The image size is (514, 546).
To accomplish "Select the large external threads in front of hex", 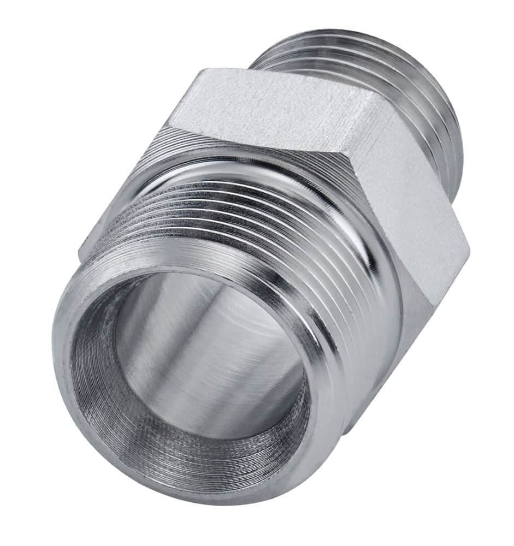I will [x=246, y=218].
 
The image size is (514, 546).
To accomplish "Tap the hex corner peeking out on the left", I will [x=85, y=248].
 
